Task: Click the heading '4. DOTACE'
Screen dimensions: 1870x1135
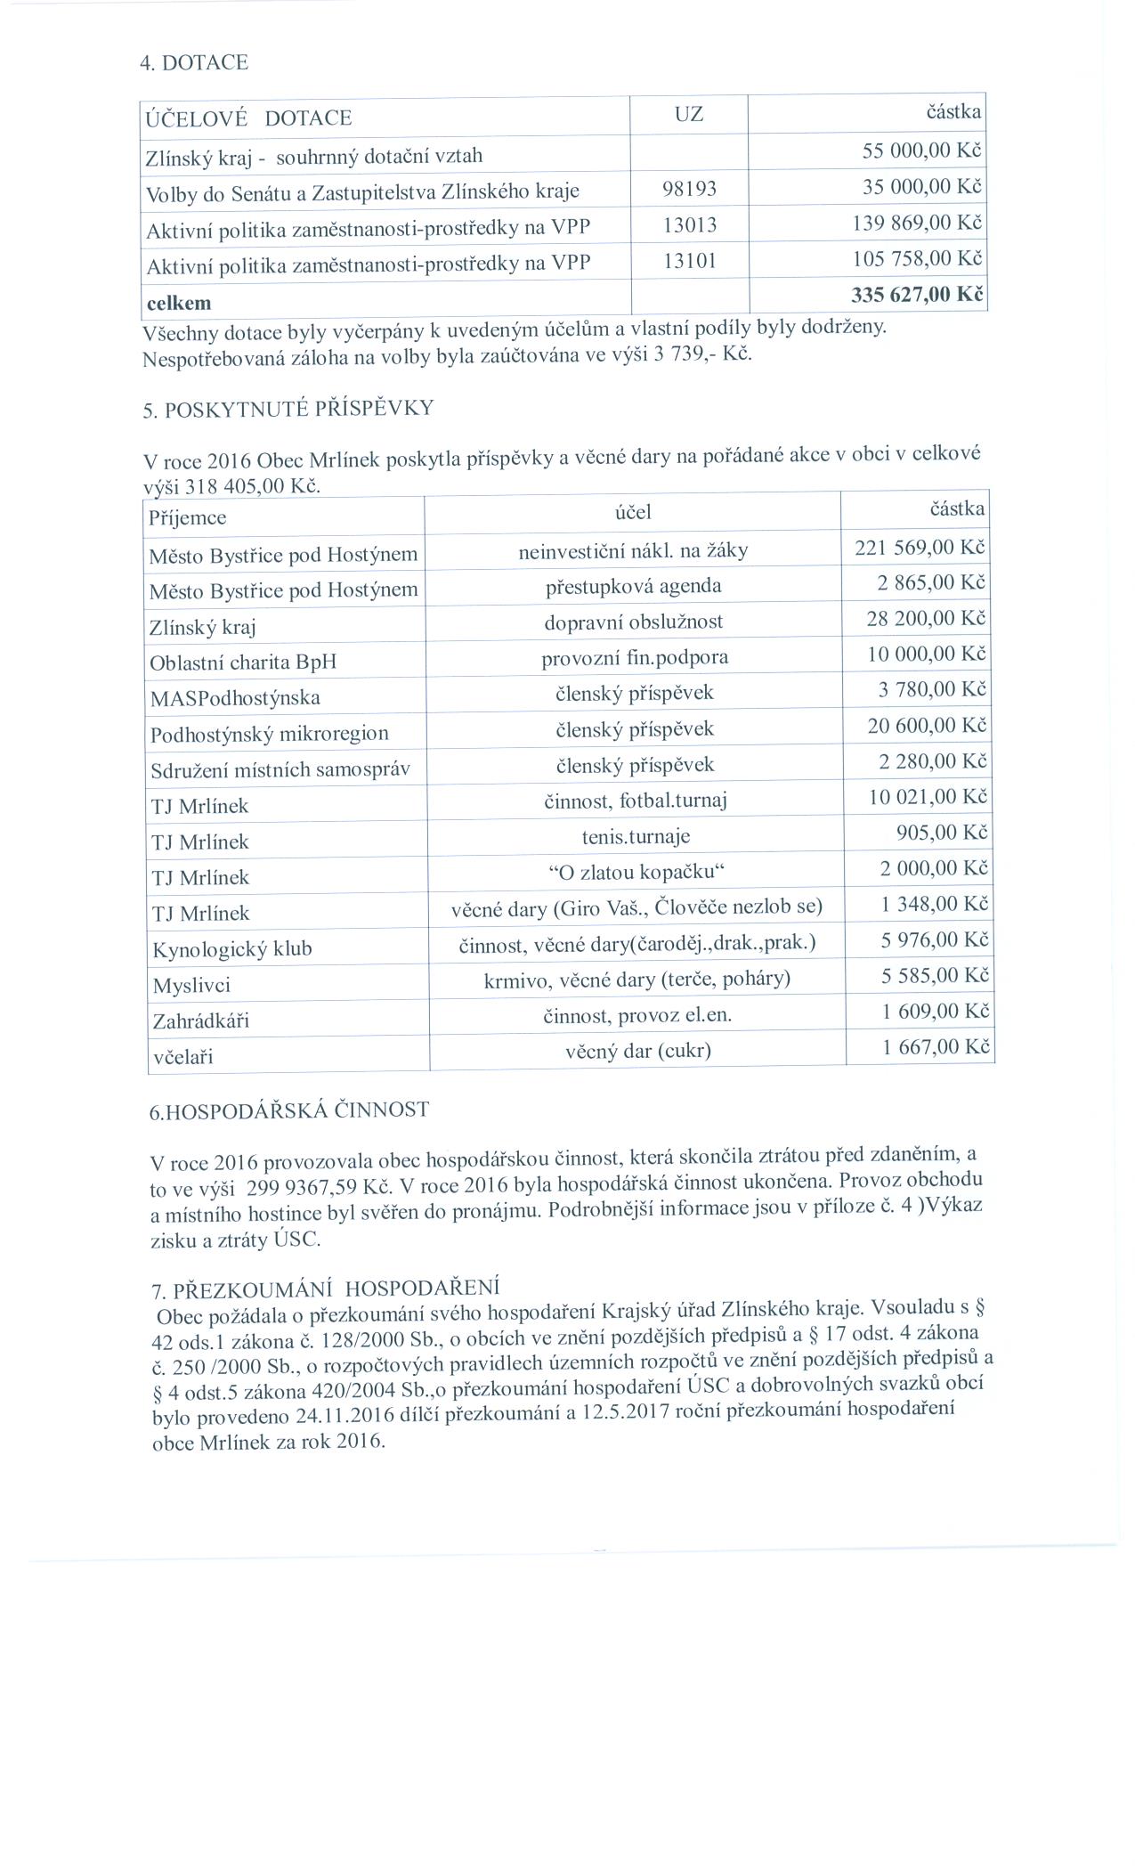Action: point(194,62)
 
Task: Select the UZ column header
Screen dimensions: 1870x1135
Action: point(688,114)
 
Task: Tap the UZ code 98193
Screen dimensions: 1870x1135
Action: point(689,189)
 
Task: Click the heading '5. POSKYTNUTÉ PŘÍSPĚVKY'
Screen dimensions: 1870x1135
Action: point(288,409)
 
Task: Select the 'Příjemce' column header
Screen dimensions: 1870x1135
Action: point(187,517)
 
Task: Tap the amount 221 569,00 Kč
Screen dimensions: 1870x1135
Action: point(920,547)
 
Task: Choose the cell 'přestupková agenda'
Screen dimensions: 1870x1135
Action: point(633,586)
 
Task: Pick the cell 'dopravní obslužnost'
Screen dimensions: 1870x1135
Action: point(633,622)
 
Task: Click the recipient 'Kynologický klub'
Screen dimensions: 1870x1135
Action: point(232,949)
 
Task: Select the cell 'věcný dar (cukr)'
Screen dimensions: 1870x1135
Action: point(637,1051)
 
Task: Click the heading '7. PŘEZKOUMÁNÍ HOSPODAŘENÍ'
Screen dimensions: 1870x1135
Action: point(325,1289)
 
